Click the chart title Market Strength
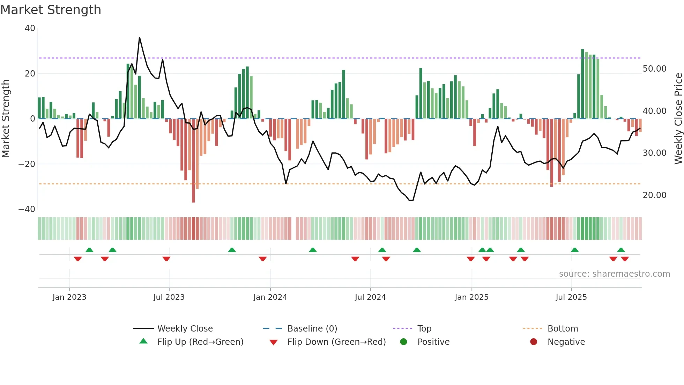(51, 10)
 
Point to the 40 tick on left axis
(30, 28)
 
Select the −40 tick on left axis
(27, 209)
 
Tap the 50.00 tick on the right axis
(654, 69)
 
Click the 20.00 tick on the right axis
(654, 195)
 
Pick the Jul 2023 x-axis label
(169, 297)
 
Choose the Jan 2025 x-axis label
(471, 297)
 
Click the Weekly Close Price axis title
(678, 118)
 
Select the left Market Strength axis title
(6, 118)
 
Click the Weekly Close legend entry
(185, 329)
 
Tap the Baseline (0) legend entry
(312, 329)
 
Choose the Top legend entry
(424, 329)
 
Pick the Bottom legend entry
(563, 329)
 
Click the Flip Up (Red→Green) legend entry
(200, 342)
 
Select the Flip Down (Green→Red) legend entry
(336, 342)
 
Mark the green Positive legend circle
(404, 342)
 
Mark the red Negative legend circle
(534, 342)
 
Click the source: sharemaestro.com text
(614, 274)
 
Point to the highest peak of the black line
(140, 37)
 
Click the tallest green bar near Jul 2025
(582, 84)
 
